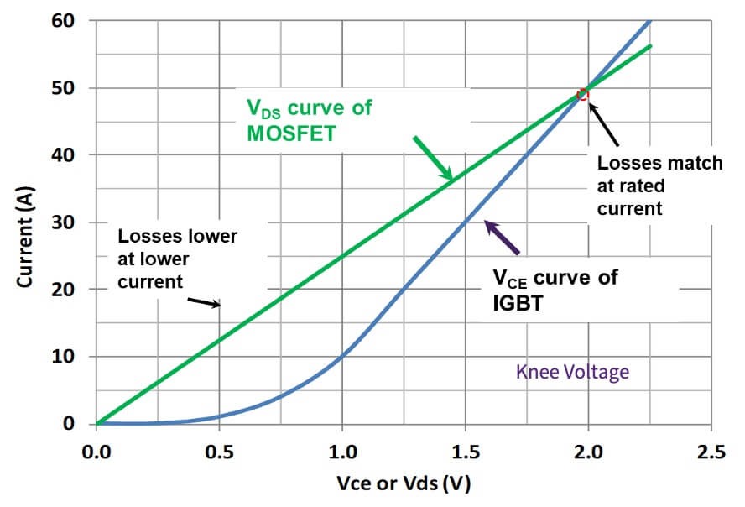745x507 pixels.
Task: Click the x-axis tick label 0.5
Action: [x=219, y=453]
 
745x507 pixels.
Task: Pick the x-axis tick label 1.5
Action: [x=465, y=453]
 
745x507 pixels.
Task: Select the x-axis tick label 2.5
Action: [x=711, y=453]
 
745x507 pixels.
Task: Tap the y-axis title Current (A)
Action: [x=25, y=222]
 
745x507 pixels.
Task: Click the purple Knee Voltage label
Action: [x=572, y=371]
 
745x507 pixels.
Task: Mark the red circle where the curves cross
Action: [x=584, y=95]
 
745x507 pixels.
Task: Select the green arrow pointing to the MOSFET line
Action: [x=432, y=159]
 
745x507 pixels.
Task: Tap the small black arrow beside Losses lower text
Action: [x=205, y=301]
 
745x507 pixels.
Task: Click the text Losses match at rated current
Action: [x=659, y=185]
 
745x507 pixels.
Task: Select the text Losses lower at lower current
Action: [x=177, y=259]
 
